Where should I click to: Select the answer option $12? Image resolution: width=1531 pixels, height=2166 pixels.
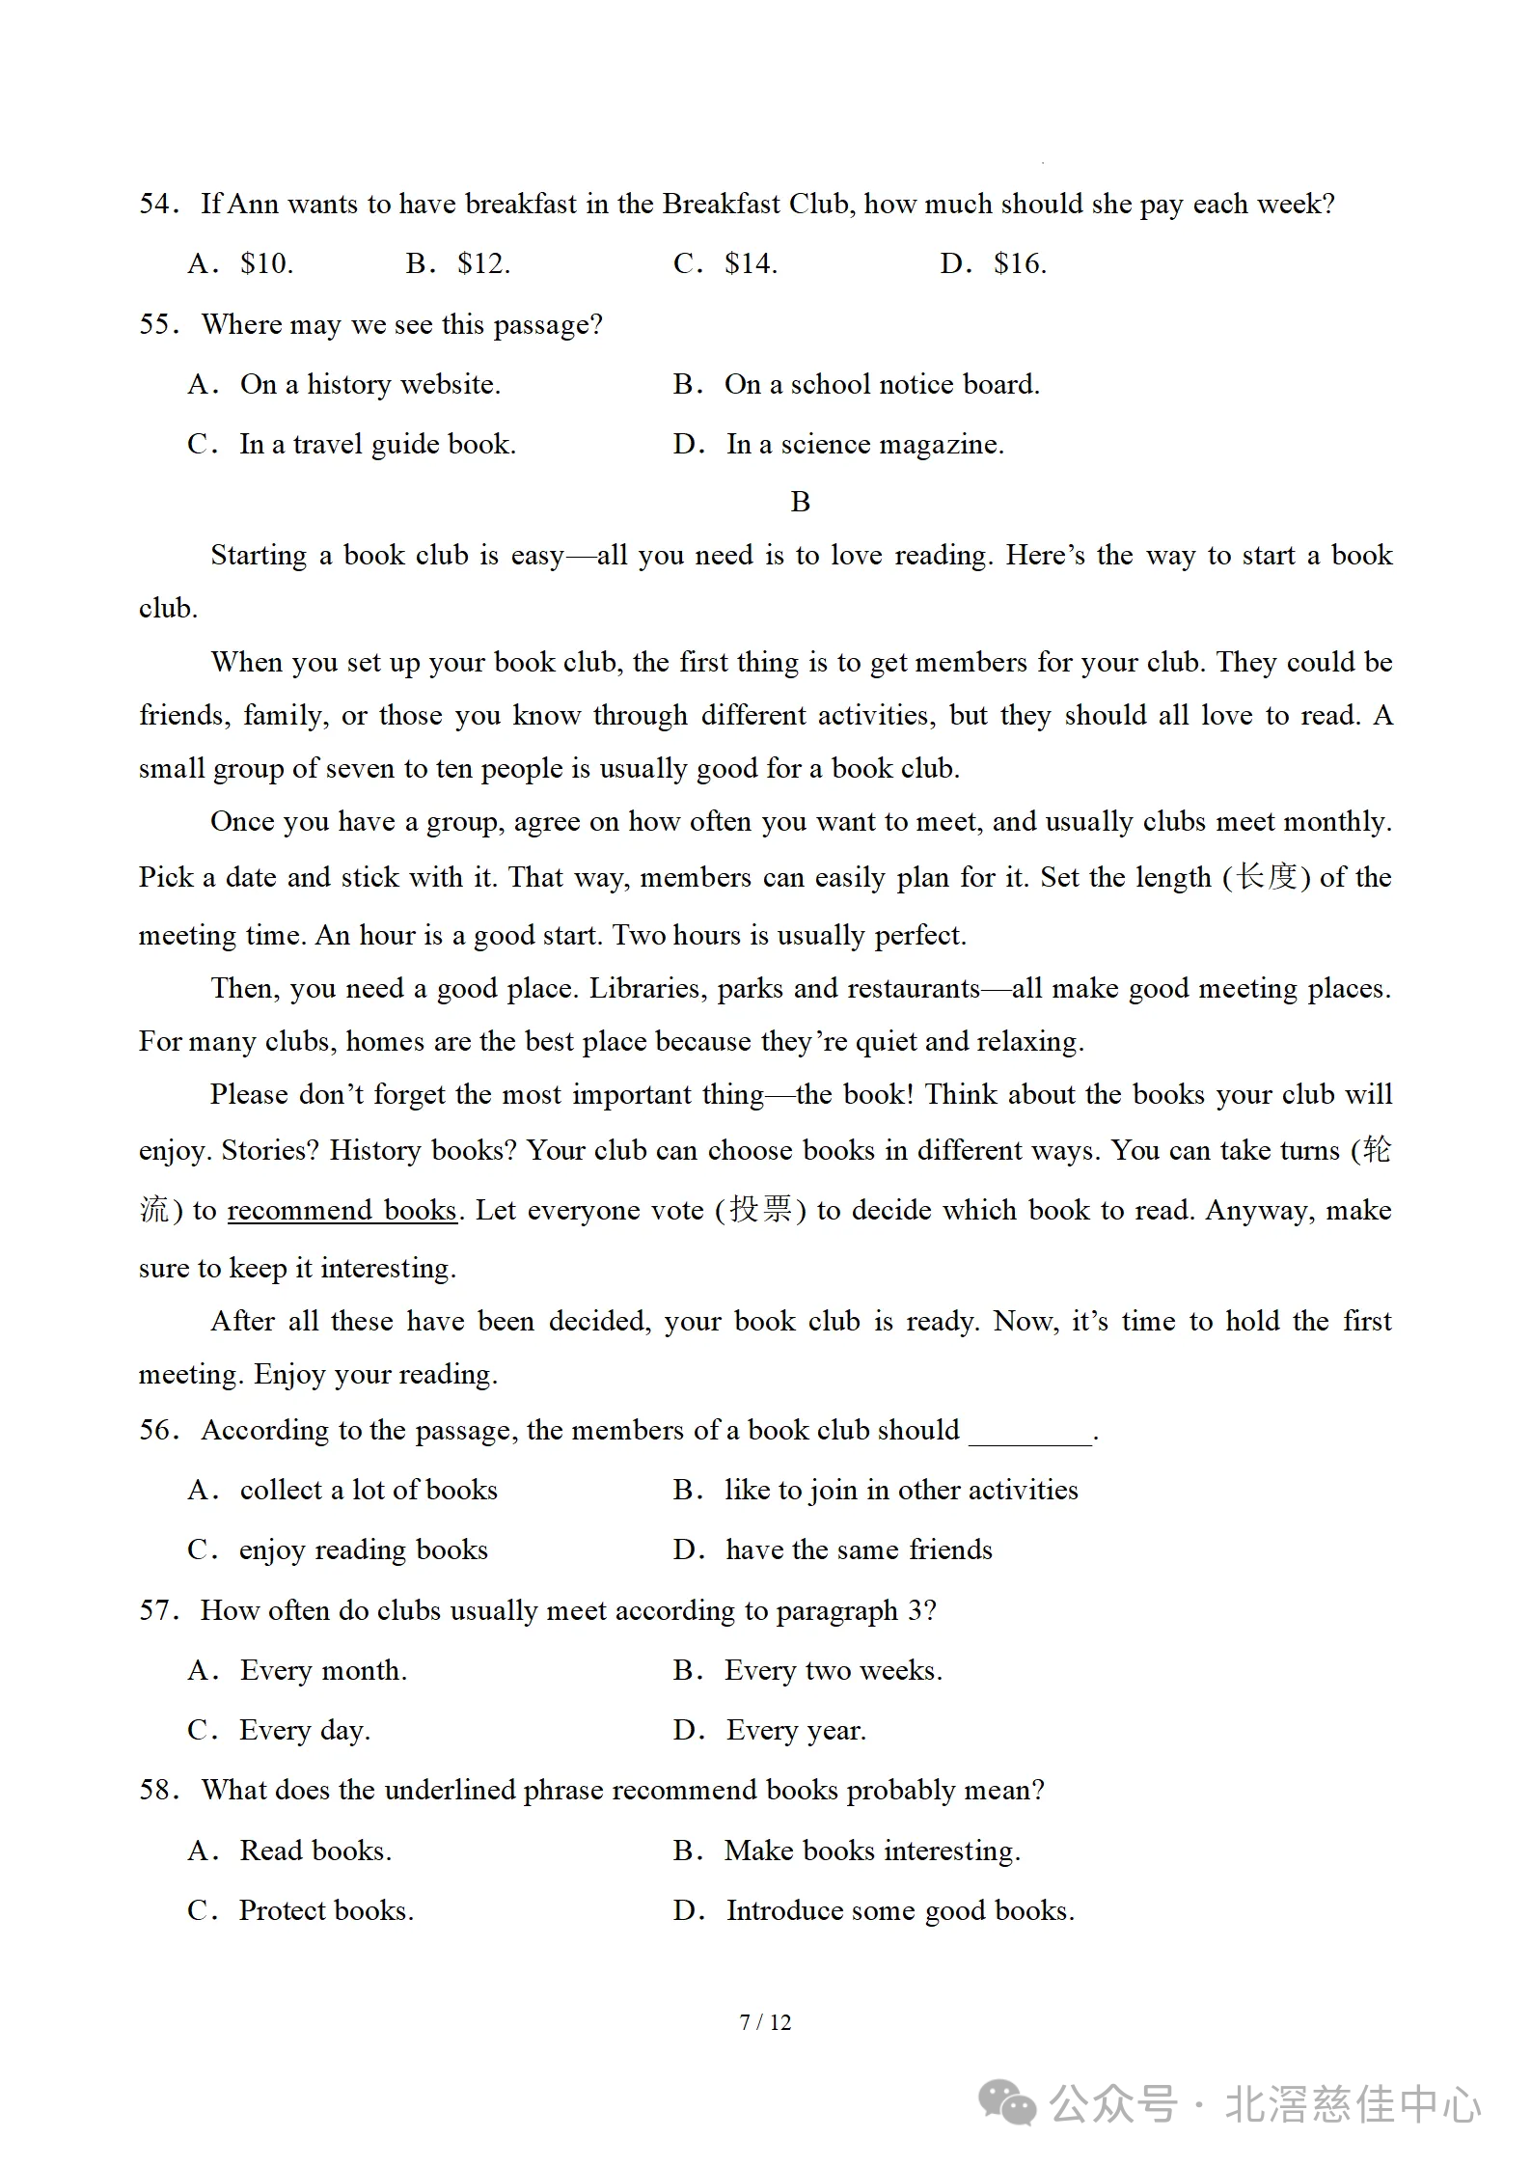pos(483,263)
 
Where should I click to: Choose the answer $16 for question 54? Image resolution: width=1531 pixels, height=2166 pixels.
pos(1020,263)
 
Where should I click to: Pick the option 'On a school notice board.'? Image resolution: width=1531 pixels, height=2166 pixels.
pos(881,385)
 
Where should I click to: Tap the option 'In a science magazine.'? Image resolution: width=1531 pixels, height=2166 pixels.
pos(864,445)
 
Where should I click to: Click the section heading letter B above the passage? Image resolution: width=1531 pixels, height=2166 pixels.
pos(800,502)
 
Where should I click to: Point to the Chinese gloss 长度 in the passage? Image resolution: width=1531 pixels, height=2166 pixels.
pos(1266,877)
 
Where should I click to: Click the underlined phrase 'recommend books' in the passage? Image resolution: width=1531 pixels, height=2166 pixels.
pos(342,1210)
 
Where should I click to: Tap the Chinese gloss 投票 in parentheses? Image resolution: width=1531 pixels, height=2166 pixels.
pos(760,1209)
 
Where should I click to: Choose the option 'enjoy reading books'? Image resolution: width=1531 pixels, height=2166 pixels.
pos(363,1549)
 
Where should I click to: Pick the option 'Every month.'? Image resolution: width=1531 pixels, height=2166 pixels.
pos(323,1670)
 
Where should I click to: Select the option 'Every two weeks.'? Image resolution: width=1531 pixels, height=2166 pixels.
pos(833,1670)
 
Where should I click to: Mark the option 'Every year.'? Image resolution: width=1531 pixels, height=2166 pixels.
pos(796,1730)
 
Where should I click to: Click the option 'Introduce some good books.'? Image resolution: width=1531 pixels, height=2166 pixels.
pos(899,1910)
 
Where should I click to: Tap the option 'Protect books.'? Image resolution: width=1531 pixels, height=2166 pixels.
pos(326,1910)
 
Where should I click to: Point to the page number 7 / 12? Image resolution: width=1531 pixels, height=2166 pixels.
pos(765,2022)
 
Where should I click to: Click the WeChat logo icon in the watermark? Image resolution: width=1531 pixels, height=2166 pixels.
pos(1007,2103)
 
